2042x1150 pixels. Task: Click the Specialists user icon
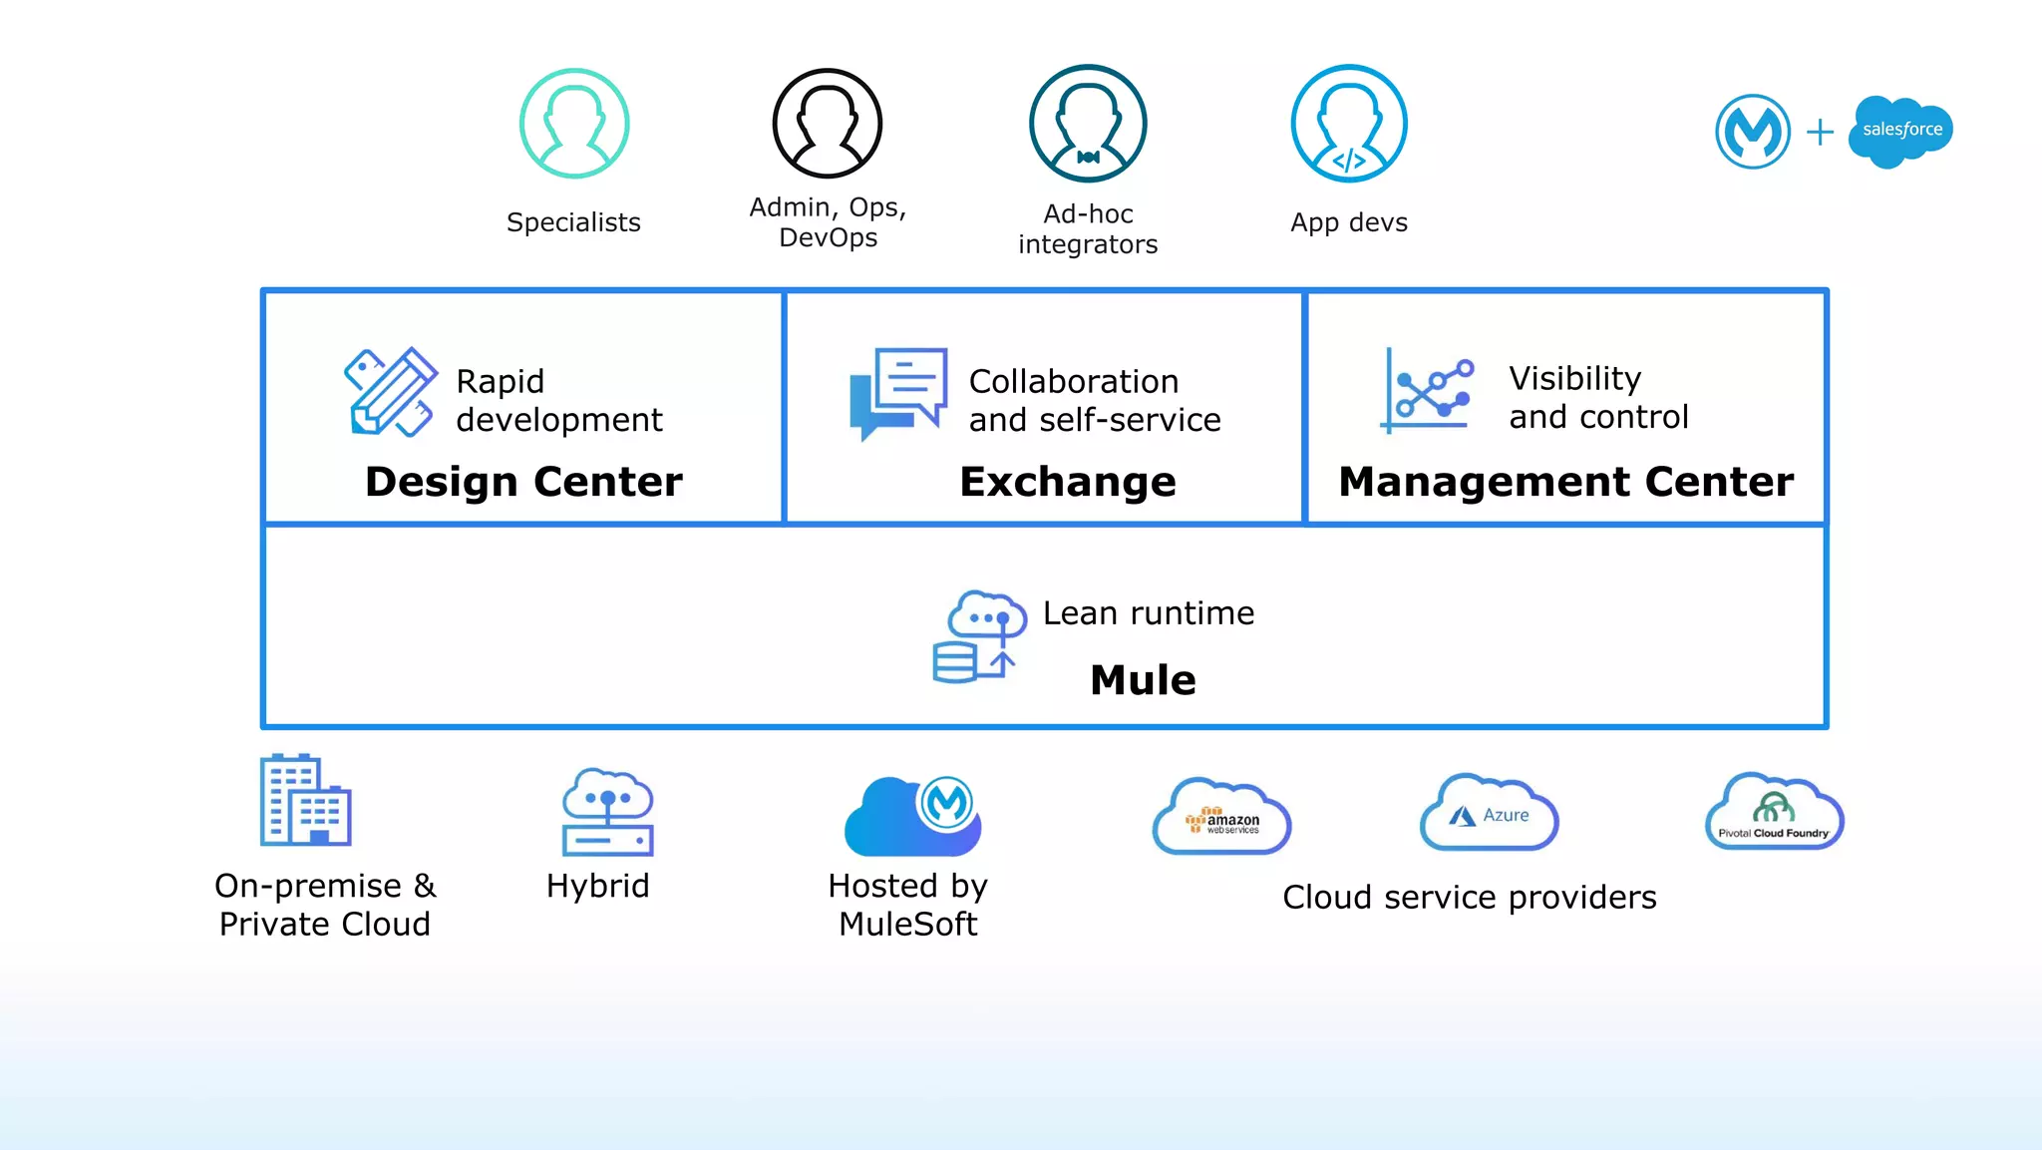point(574,124)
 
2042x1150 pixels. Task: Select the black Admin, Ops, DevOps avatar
point(828,124)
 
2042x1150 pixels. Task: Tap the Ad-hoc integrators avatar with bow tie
point(1088,124)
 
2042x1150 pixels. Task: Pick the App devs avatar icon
point(1349,124)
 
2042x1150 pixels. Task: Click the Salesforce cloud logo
point(1900,131)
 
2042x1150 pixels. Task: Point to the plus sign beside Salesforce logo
point(1820,132)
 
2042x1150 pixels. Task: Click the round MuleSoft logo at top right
point(1753,131)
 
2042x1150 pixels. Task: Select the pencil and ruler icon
point(390,392)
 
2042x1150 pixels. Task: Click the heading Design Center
point(523,482)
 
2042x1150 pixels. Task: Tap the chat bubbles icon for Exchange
point(897,393)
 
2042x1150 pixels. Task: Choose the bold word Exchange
point(1068,482)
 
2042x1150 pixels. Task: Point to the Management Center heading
point(1565,482)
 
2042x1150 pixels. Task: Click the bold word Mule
point(1143,680)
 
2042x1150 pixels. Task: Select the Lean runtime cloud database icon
point(979,636)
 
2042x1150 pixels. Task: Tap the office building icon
point(305,800)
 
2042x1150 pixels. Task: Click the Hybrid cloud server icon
point(607,812)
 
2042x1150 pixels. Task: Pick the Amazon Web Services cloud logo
point(1222,817)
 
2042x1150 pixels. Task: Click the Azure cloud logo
point(1489,813)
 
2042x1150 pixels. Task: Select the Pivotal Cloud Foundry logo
point(1774,812)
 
